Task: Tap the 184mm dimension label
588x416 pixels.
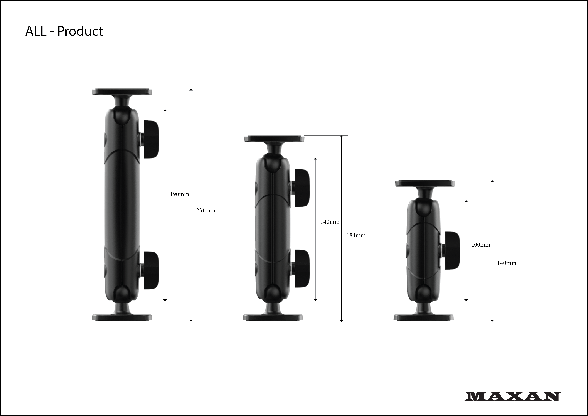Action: click(x=356, y=235)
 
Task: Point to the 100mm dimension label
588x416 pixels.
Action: click(x=481, y=245)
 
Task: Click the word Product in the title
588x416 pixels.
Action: click(x=80, y=31)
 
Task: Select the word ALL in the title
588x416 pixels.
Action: click(x=36, y=31)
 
